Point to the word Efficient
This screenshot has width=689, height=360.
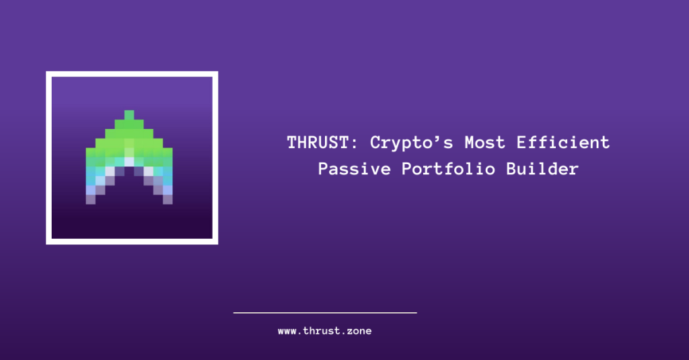pos(563,143)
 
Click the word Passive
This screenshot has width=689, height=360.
pos(354,169)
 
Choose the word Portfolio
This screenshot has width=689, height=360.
pos(448,169)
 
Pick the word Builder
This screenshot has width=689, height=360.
pos(542,169)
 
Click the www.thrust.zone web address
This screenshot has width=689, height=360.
pos(325,331)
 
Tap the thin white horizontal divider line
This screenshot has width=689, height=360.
pos(325,313)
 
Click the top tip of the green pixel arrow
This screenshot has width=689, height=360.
pos(129,111)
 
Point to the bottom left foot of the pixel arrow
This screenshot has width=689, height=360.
pos(91,200)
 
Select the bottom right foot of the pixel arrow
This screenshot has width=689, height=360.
pos(168,200)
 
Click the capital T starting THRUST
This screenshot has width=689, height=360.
pos(293,143)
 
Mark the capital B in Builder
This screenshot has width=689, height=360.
pos(511,169)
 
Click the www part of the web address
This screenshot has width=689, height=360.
pos(287,332)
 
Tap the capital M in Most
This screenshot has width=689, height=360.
pos(470,143)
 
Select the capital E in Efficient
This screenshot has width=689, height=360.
pos(521,143)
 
